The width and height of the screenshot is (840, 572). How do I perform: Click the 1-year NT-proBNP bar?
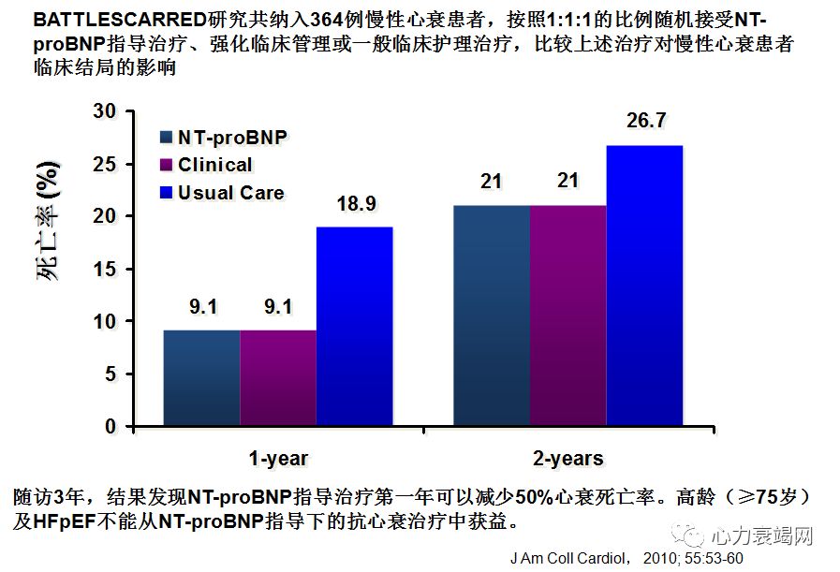click(201, 378)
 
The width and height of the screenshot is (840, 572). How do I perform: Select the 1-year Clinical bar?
click(277, 378)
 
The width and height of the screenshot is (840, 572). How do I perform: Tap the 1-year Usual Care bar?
click(354, 327)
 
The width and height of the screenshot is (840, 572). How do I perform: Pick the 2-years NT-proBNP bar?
click(492, 316)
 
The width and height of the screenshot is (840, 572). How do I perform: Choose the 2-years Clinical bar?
click(567, 316)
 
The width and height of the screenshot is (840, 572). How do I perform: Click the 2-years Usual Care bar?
click(644, 286)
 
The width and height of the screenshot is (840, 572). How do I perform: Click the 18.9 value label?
click(354, 203)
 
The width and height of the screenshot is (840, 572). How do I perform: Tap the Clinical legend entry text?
click(215, 165)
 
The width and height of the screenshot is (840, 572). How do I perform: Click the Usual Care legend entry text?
click(231, 193)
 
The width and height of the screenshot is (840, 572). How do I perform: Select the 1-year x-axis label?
click(278, 458)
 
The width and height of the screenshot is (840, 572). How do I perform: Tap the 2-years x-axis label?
click(567, 458)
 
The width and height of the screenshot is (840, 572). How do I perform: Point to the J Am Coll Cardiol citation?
click(626, 559)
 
